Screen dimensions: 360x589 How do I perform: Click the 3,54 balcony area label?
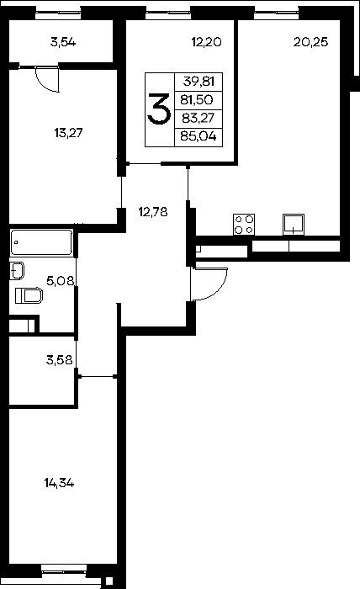(x=63, y=42)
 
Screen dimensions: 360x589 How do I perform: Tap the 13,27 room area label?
(x=68, y=133)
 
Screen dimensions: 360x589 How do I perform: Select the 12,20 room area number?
(x=206, y=42)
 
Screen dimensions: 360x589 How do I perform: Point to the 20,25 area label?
(x=311, y=42)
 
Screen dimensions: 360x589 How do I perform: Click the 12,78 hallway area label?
(x=153, y=212)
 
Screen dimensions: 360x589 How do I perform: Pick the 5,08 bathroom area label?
(x=61, y=280)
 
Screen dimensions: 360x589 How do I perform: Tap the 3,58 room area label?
(x=60, y=360)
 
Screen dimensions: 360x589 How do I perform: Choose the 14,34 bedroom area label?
(x=60, y=483)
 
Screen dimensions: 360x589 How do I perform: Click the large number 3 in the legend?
(x=159, y=109)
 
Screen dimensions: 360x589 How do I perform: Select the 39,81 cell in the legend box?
(x=199, y=81)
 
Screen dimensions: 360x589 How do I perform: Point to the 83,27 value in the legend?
(x=198, y=119)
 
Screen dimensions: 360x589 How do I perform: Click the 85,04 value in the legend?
(x=199, y=136)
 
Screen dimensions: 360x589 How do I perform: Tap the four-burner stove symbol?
(x=244, y=225)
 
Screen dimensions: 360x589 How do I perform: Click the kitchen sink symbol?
(x=294, y=225)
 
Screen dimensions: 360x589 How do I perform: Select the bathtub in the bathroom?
(x=42, y=242)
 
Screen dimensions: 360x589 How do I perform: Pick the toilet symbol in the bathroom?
(x=29, y=295)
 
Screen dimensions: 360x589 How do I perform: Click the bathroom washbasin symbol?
(x=17, y=270)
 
